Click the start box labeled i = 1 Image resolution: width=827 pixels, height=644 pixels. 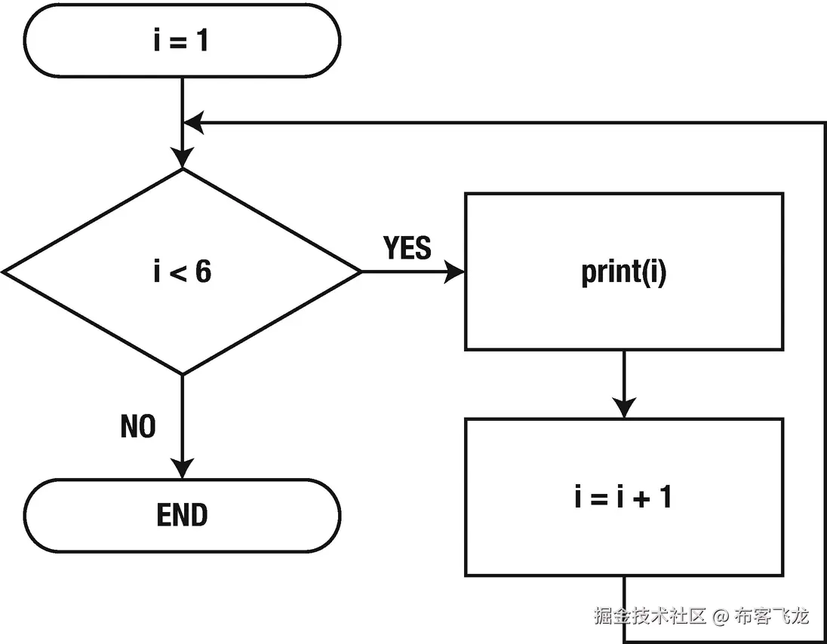tap(182, 40)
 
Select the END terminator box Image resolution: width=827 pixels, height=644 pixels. tap(182, 516)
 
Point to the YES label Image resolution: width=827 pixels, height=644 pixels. tap(407, 248)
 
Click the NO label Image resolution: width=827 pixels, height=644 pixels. tap(138, 427)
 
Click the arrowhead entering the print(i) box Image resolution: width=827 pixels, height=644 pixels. tap(454, 271)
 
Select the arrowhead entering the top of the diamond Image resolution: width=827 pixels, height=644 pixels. tap(182, 158)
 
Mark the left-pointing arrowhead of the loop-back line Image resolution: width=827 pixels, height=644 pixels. tap(194, 122)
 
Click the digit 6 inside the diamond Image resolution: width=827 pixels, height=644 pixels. tap(203, 271)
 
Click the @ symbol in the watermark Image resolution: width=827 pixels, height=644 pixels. tap(721, 616)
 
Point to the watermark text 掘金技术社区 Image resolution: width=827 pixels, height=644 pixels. tap(650, 616)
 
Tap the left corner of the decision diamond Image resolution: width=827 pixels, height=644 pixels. tap(6, 271)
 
